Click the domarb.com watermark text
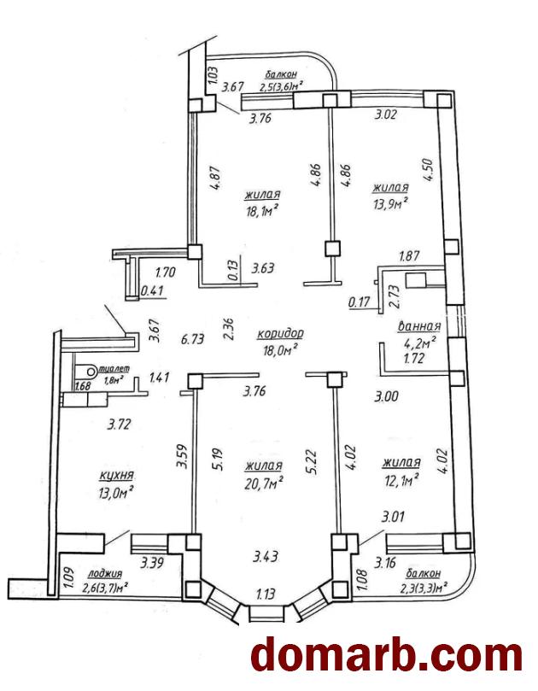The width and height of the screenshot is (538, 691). (x=387, y=656)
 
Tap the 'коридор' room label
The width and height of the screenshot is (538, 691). (x=281, y=334)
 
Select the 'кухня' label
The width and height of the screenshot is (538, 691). (x=116, y=476)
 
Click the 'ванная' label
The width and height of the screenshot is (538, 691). (x=419, y=326)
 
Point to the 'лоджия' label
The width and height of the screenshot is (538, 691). (x=105, y=574)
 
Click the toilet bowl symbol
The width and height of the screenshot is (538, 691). (x=87, y=372)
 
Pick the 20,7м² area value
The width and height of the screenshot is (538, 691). (x=264, y=484)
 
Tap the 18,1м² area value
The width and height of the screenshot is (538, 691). (x=263, y=213)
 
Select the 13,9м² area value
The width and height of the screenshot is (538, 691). (x=389, y=204)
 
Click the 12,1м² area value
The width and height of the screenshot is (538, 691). (x=401, y=481)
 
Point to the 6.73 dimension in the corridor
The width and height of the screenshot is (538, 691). (x=193, y=339)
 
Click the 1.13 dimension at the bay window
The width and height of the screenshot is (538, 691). (x=266, y=594)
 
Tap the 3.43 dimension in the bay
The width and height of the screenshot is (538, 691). (x=266, y=556)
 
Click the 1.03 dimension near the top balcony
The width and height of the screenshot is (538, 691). (x=213, y=75)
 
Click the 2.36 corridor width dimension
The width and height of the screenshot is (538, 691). (x=229, y=329)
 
